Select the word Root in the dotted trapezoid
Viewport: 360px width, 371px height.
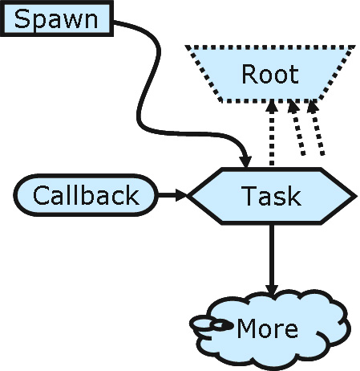pyautogui.click(x=269, y=75)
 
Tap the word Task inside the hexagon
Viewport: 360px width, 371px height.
pyautogui.click(x=271, y=195)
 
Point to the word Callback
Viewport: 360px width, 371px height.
pyautogui.click(x=85, y=195)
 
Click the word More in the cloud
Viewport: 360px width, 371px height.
pyautogui.click(x=268, y=328)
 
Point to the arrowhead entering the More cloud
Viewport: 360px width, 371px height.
pyautogui.click(x=272, y=288)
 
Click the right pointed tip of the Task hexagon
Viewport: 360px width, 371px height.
pyautogui.click(x=354, y=195)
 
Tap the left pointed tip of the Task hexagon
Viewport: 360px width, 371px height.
pyautogui.click(x=189, y=195)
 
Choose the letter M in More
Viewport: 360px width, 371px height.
pyautogui.click(x=248, y=328)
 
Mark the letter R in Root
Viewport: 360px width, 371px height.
pyautogui.click(x=249, y=75)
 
